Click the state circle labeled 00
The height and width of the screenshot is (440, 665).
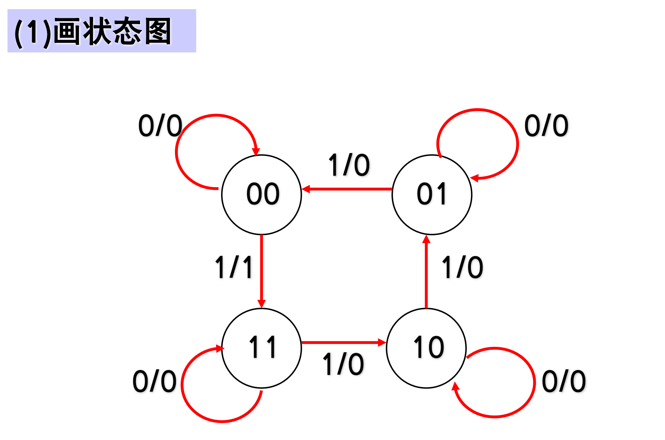pyautogui.click(x=261, y=194)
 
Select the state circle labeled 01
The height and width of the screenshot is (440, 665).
pyautogui.click(x=432, y=194)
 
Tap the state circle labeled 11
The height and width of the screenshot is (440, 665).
pyautogui.click(x=261, y=348)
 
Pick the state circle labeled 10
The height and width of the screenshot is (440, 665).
pyautogui.click(x=426, y=348)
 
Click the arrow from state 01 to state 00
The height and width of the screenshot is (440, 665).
pyautogui.click(x=347, y=189)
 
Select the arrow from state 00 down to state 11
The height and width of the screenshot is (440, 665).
pyautogui.click(x=261, y=270)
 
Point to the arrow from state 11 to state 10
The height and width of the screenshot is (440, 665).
pyautogui.click(x=343, y=342)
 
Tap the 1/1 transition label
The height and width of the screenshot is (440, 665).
pyautogui.click(x=234, y=267)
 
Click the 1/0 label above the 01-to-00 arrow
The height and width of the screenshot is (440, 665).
pyautogui.click(x=349, y=165)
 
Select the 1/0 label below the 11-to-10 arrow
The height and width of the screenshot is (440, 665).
pyautogui.click(x=343, y=364)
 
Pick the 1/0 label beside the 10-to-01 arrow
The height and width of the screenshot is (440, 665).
pyautogui.click(x=462, y=267)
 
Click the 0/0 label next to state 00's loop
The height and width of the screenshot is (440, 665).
pyautogui.click(x=160, y=126)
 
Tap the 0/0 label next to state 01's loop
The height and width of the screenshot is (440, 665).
pyautogui.click(x=546, y=126)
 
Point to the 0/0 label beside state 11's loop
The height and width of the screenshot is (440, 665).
pyautogui.click(x=154, y=381)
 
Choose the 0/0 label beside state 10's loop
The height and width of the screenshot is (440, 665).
pyautogui.click(x=564, y=381)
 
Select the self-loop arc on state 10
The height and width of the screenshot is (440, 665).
pyautogui.click(x=534, y=383)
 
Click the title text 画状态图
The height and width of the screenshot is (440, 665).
pyautogui.click(x=112, y=32)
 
